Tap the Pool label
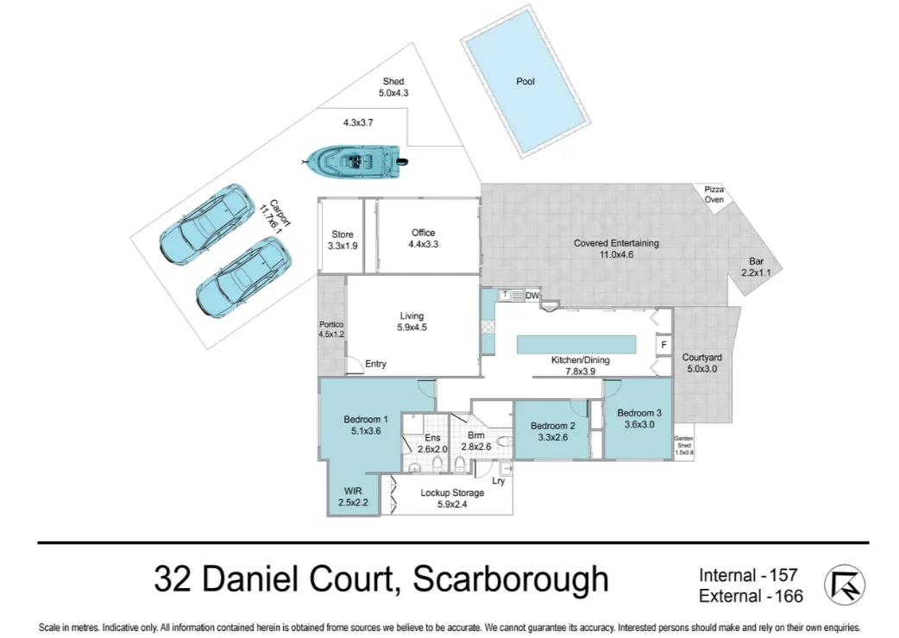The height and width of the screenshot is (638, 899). pos(525,81)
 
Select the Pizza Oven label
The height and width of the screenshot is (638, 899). pos(714,194)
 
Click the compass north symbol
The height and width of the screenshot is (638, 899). pos(844,585)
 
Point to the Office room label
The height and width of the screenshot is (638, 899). pos(423,233)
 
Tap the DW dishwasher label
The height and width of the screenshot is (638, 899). pos(531,296)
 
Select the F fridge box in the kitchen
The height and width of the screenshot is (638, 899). pos(663,345)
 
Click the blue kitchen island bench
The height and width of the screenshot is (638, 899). pos(576,345)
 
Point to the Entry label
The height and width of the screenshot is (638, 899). pos(375,364)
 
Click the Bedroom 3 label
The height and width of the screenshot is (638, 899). pos(639,413)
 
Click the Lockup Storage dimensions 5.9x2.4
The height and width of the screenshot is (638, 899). pos(451,504)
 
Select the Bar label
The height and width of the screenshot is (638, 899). pos(756,262)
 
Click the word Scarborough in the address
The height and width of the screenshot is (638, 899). pos(511,579)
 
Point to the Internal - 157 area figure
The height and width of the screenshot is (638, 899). pos(747,574)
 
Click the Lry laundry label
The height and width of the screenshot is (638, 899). pos(499,481)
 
